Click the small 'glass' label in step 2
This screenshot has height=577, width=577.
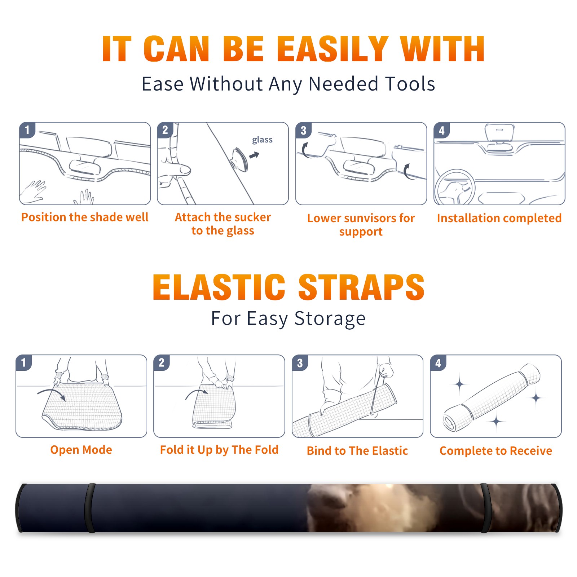click(262, 140)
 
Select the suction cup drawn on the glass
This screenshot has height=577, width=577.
click(239, 159)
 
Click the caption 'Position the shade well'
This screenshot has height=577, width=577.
click(85, 217)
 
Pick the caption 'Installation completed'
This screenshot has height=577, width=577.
click(499, 218)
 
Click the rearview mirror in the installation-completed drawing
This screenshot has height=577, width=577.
click(500, 132)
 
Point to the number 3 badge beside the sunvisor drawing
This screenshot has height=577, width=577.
click(303, 130)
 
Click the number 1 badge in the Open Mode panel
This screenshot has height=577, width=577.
click(24, 362)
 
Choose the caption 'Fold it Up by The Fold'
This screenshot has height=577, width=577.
click(219, 450)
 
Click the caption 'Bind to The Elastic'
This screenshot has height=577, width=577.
click(357, 451)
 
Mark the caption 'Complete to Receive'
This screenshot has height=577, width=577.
click(496, 451)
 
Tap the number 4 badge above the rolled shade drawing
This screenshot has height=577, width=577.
click(438, 363)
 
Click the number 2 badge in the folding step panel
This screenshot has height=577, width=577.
click(162, 362)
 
